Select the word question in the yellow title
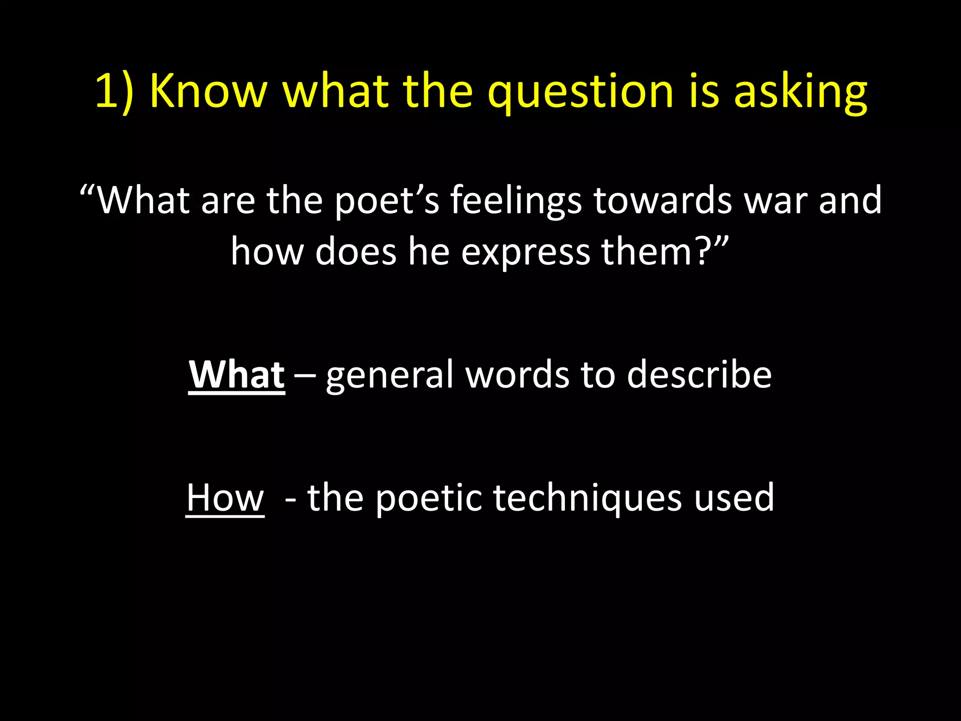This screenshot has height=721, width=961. click(581, 92)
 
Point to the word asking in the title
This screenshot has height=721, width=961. click(801, 92)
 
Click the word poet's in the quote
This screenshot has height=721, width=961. click(387, 201)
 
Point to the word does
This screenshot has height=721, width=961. click(356, 252)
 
